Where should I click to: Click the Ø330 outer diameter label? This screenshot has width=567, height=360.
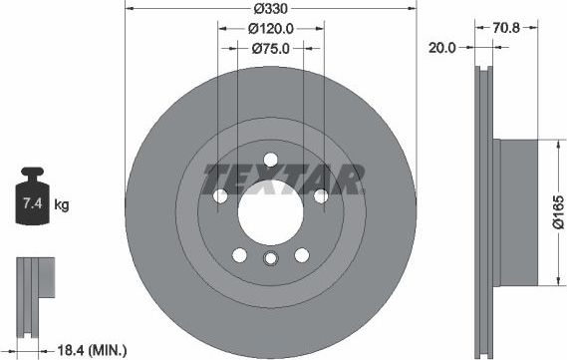tap(271, 10)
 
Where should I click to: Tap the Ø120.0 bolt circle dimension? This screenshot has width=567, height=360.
tap(271, 28)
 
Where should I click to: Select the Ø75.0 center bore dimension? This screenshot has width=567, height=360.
tap(271, 47)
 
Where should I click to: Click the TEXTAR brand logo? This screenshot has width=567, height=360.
tap(283, 180)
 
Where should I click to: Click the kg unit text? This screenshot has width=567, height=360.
tap(62, 206)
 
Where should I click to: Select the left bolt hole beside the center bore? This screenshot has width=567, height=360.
tap(220, 196)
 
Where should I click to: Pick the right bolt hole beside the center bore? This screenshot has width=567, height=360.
tap(321, 196)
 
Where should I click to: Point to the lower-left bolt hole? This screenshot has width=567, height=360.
tap(239, 254)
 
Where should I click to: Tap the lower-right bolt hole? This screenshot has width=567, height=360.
tap(302, 254)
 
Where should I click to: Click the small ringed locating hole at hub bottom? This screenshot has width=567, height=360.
tap(271, 261)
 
